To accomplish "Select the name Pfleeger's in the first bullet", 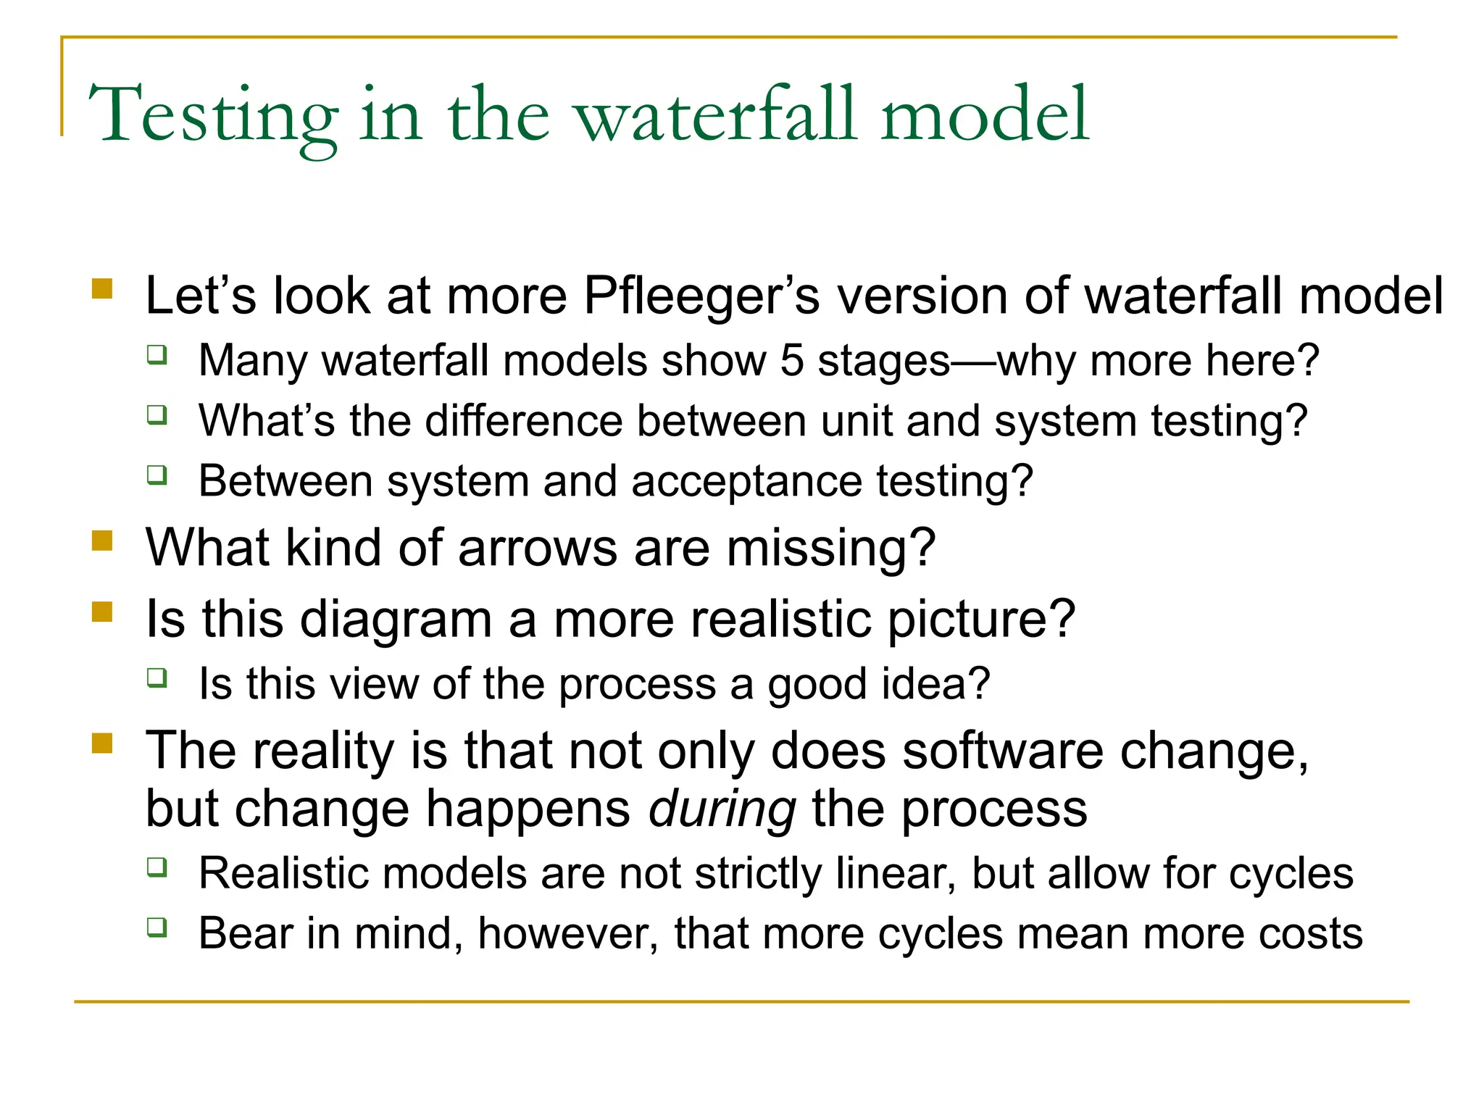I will tap(701, 296).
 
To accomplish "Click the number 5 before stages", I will tap(791, 360).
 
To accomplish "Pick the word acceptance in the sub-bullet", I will tap(746, 481).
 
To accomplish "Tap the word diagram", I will tap(396, 620).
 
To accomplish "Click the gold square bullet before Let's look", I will tap(102, 289).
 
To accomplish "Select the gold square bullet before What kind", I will tap(102, 541).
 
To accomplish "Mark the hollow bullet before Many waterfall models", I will tap(157, 355).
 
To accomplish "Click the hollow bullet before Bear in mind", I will tap(157, 927).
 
